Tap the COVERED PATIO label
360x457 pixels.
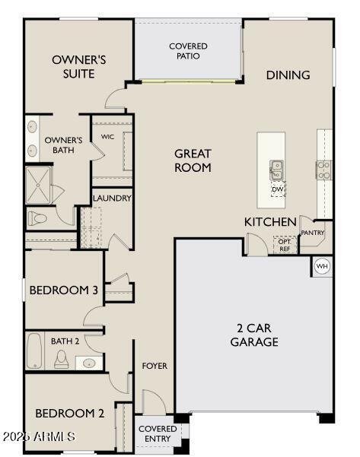click(188, 51)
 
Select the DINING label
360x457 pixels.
click(288, 75)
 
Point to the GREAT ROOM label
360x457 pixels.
click(193, 160)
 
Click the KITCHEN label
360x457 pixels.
click(269, 221)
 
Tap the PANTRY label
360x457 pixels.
click(312, 233)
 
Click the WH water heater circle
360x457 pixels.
click(321, 266)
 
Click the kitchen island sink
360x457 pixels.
click(277, 169)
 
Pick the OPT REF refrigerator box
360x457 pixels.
click(285, 245)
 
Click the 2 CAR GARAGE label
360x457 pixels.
click(254, 335)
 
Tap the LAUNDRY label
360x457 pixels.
click(113, 198)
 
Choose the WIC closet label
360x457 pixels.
click(107, 138)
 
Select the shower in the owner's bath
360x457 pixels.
click(38, 182)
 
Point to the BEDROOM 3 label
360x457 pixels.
click(63, 290)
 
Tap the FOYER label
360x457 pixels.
click(155, 366)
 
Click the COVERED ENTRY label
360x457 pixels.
click(158, 433)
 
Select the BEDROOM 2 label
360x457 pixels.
click(69, 413)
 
